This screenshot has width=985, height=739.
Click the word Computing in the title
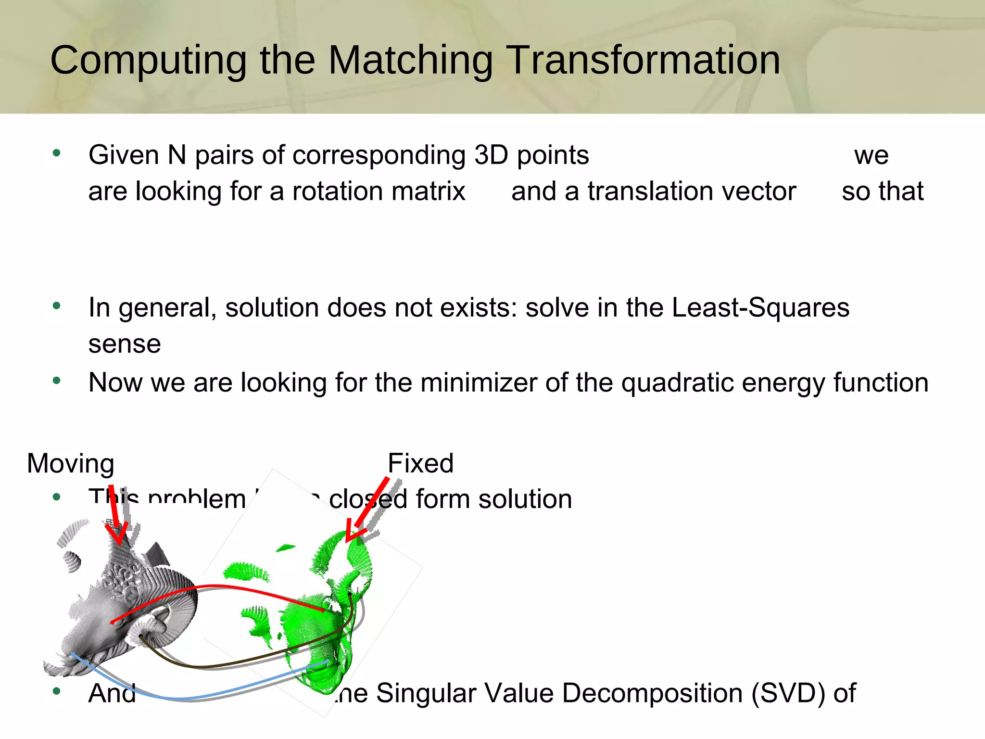pyautogui.click(x=148, y=61)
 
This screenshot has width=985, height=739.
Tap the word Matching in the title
pyautogui.click(x=410, y=61)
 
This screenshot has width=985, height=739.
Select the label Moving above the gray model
pyautogui.click(x=71, y=463)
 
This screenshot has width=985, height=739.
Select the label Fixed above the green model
pyautogui.click(x=420, y=463)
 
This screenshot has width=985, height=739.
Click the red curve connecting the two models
pyautogui.click(x=216, y=586)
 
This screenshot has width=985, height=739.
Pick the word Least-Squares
pyautogui.click(x=760, y=307)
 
